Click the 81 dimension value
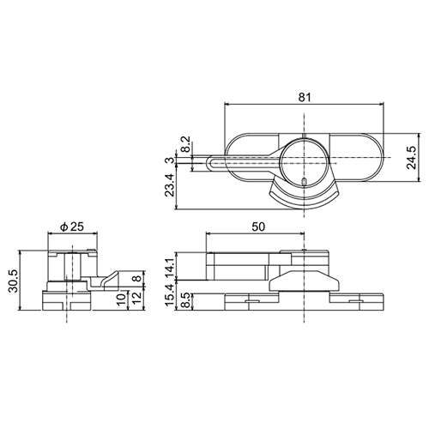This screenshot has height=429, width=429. coord(305,97)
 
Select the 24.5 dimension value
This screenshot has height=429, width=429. coord(412,158)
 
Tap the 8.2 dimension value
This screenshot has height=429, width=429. coord(185,144)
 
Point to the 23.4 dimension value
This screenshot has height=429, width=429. coord(171,184)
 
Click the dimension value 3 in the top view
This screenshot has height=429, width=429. coord(171,160)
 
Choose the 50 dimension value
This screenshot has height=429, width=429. coord(258,227)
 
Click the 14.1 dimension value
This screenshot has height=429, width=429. coord(171,267)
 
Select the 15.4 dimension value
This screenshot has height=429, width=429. coord(171,296)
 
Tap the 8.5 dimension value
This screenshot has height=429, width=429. coord(185,300)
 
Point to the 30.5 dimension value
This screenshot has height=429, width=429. coord(14,281)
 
